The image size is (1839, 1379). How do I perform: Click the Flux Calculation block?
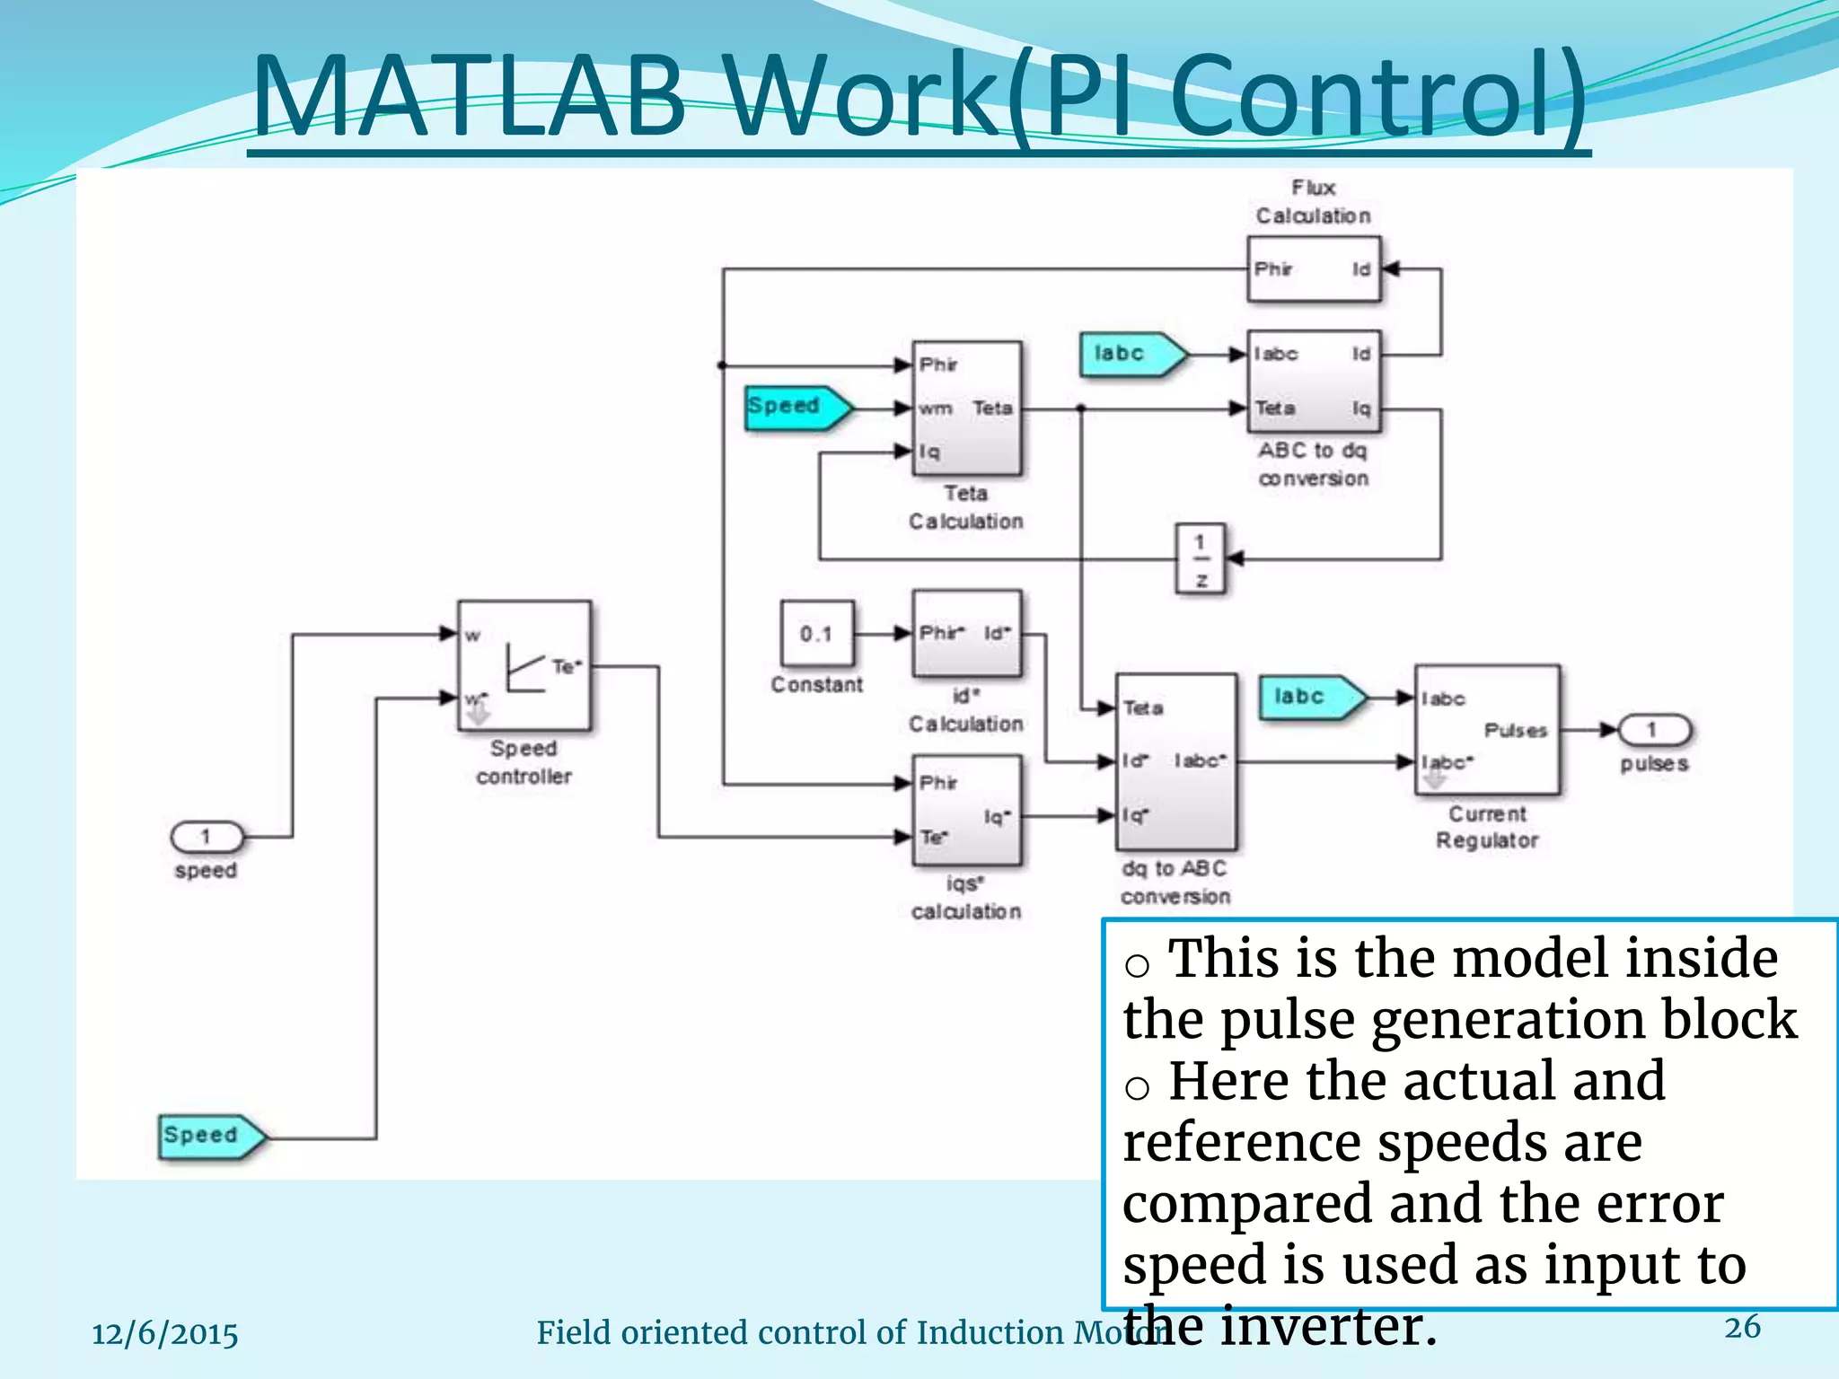pos(1314,269)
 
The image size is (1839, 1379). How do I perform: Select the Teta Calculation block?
pos(966,408)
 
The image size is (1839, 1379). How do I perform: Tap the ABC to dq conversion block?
pos(1314,382)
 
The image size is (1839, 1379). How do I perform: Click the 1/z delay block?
pos(1201,559)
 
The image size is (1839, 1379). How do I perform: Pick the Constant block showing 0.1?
pos(816,634)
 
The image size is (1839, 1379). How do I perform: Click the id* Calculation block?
pos(966,633)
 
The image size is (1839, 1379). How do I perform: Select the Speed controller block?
pos(524,665)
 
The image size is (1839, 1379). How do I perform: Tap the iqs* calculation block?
pos(966,810)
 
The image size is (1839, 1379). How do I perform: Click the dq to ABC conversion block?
pos(1175,761)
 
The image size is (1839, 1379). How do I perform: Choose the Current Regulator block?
pos(1487,730)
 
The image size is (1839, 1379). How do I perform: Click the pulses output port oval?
pos(1653,730)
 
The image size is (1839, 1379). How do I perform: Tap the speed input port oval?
pos(207,837)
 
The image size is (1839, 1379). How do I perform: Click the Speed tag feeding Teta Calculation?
pos(796,407)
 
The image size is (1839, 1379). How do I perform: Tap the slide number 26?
pos(1742,1327)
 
